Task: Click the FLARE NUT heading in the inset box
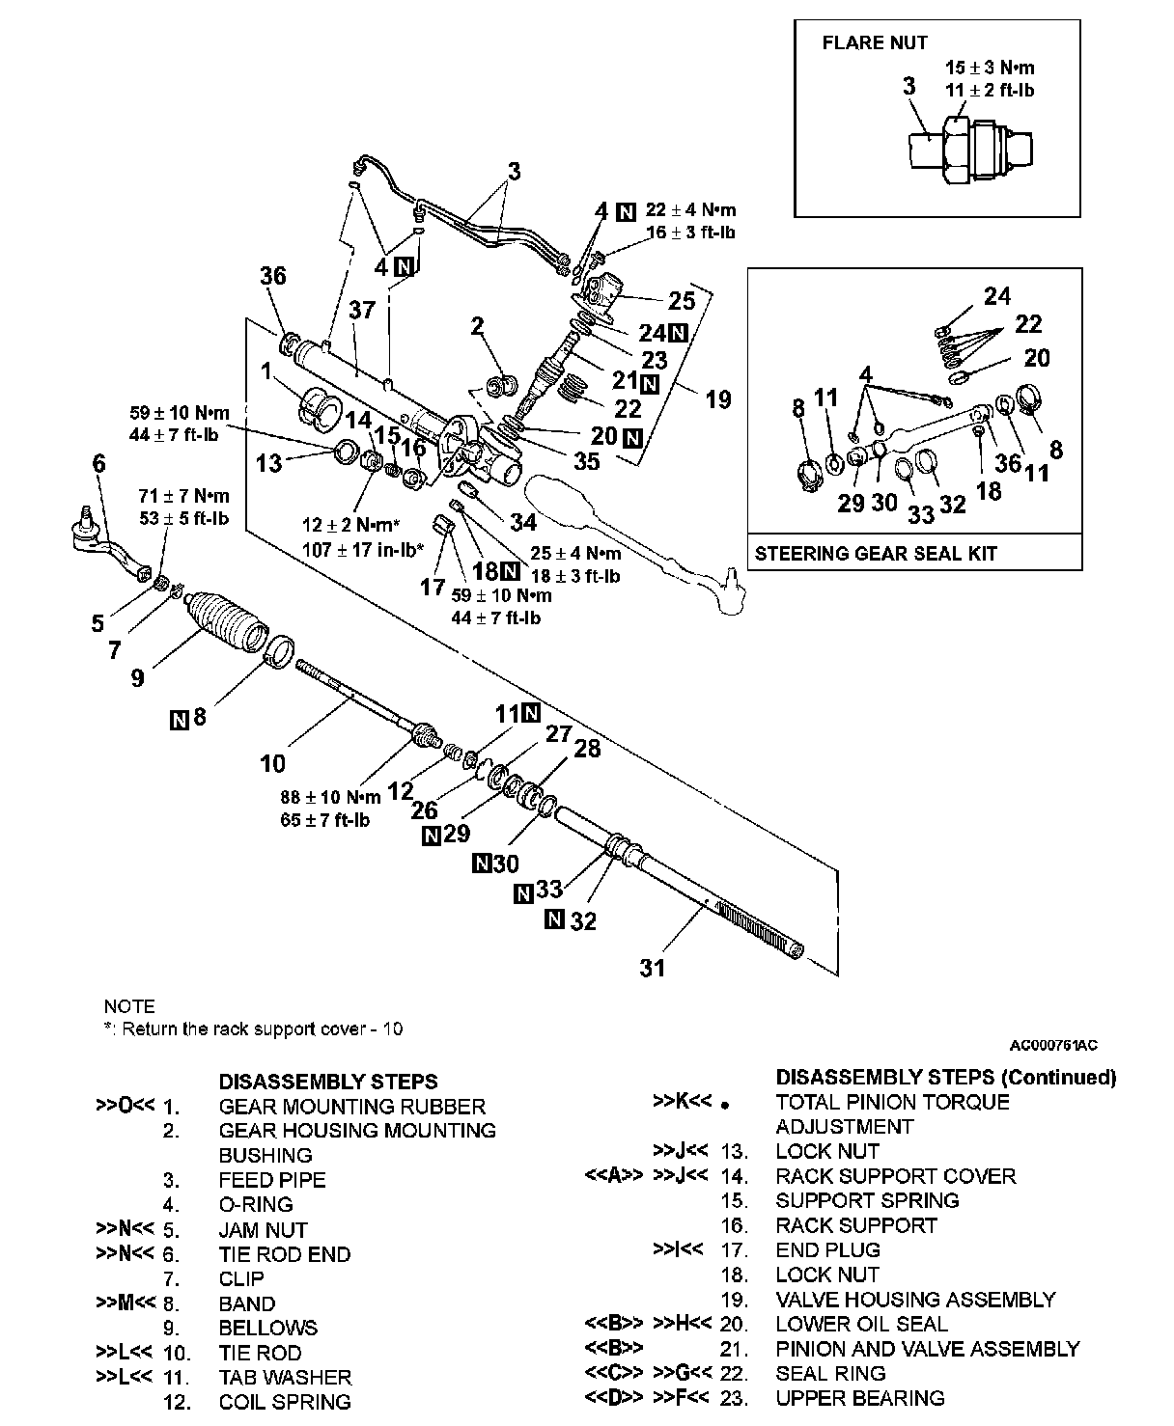874,43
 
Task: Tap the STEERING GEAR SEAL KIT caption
876,554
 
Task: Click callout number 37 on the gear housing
362,311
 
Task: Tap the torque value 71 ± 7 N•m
183,497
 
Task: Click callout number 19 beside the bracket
717,398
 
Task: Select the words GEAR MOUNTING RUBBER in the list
351,1107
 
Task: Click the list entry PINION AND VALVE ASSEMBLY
927,1349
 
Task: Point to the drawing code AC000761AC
1053,1045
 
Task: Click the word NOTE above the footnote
129,1006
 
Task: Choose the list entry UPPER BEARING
859,1398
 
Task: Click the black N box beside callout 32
554,919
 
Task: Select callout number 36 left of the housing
273,277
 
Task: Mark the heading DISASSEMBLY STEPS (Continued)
945,1077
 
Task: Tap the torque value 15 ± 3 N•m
990,69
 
